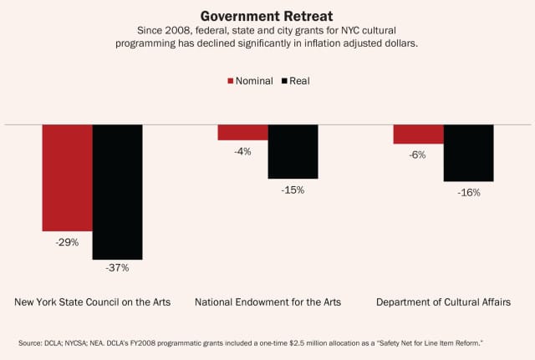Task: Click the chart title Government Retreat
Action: pos(267,15)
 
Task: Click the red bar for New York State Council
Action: pos(68,177)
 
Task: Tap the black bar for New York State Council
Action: pos(117,191)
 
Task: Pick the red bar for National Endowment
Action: pos(242,132)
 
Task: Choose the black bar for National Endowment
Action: pos(293,151)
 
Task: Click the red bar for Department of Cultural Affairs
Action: pos(418,134)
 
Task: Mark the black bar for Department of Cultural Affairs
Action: pos(468,153)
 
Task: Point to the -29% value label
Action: pos(68,242)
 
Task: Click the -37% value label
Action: pos(117,268)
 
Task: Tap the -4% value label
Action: pos(242,151)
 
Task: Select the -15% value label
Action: pos(293,190)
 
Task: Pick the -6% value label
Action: pos(418,155)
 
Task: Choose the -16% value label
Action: pos(468,192)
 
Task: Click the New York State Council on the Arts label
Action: pos(93,302)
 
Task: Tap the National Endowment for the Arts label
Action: pos(267,302)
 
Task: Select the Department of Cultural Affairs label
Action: pos(443,302)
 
